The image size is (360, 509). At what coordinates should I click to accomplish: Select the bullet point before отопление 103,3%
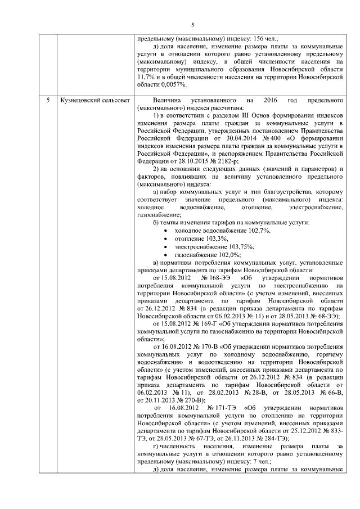pyautogui.click(x=164, y=239)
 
